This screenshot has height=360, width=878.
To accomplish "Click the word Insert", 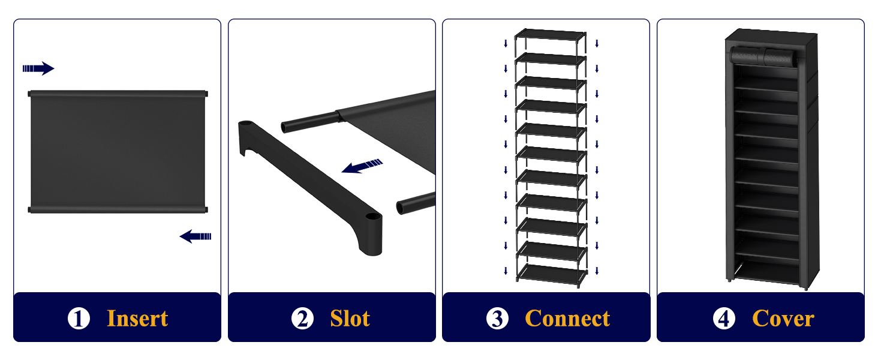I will (137, 319).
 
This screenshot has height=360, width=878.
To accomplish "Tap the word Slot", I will (350, 319).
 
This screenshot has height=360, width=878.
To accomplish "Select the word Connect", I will (567, 319).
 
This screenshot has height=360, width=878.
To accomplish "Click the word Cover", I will (783, 319).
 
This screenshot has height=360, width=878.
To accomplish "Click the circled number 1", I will (79, 319).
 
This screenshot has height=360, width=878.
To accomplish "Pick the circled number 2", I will (302, 319).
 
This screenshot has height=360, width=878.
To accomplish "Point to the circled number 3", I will (497, 319).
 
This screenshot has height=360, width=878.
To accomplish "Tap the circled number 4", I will (724, 319).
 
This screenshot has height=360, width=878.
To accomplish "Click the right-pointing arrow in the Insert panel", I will (38, 68).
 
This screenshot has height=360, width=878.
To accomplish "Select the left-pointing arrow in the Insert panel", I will (196, 236).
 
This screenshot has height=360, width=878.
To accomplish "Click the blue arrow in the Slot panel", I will (362, 166).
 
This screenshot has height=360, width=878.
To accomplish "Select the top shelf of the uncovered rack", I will (550, 35).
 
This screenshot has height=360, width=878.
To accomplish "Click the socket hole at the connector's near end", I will (372, 217).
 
